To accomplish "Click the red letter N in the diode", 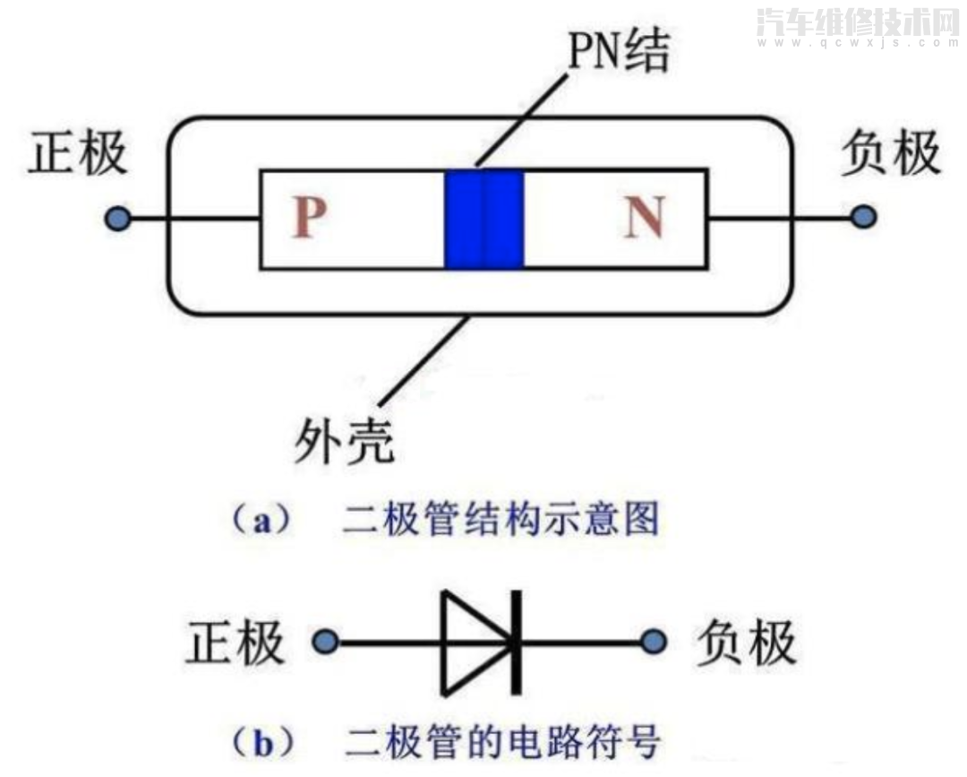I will coord(644,217).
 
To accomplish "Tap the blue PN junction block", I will coord(483,219).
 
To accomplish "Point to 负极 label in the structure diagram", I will coord(891,154).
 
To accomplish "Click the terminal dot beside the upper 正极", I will coord(117,218).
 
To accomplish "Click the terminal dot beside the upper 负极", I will coord(863,217).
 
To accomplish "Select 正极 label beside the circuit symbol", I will coord(235,642).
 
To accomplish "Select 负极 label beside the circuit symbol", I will coord(746,642).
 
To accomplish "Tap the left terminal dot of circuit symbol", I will coord(325,642).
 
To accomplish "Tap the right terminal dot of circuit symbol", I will coord(655,642).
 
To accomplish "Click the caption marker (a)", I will coord(261,521).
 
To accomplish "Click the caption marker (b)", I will coord(261,743).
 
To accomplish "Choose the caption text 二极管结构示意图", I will coord(501,521).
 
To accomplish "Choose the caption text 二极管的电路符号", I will coord(502,743).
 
